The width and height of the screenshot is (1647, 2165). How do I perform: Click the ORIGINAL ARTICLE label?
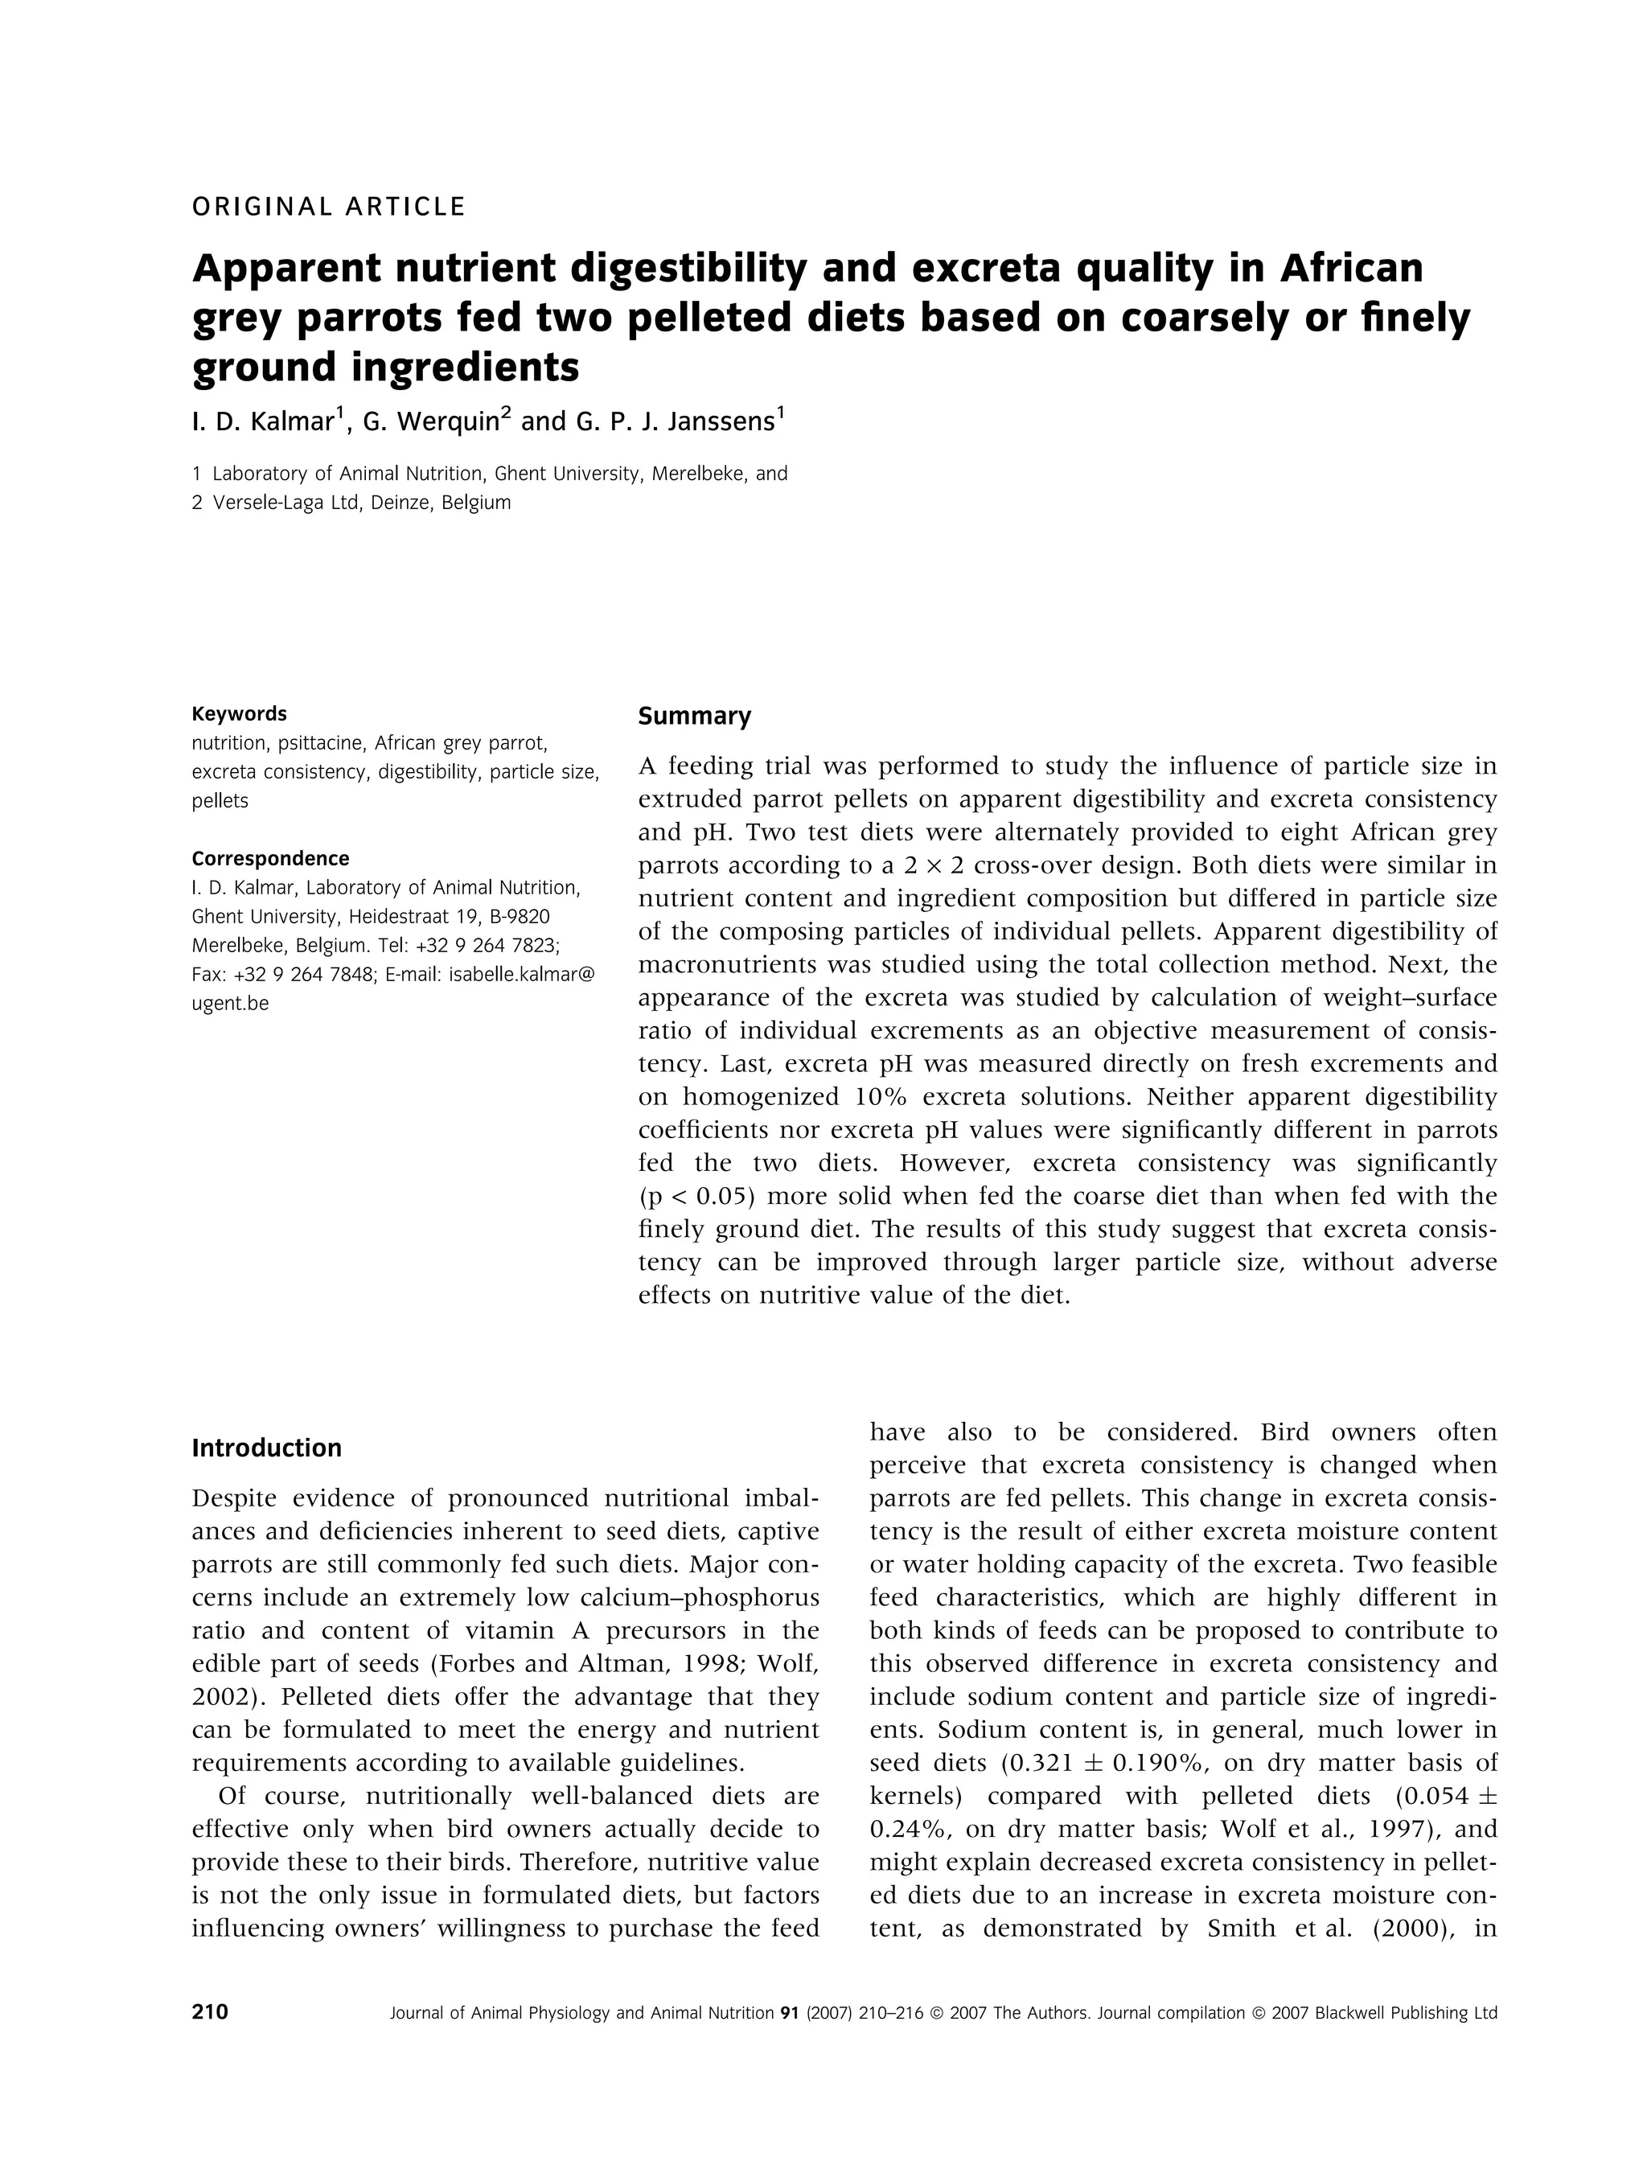click(328, 207)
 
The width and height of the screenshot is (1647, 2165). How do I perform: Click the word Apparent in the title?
click(285, 268)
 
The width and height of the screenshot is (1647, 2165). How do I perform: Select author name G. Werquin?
click(436, 422)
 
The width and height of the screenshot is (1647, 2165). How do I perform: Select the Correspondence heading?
click(270, 859)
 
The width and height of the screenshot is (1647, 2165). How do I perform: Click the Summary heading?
click(694, 717)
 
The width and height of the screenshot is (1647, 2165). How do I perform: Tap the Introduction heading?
click(267, 1448)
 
